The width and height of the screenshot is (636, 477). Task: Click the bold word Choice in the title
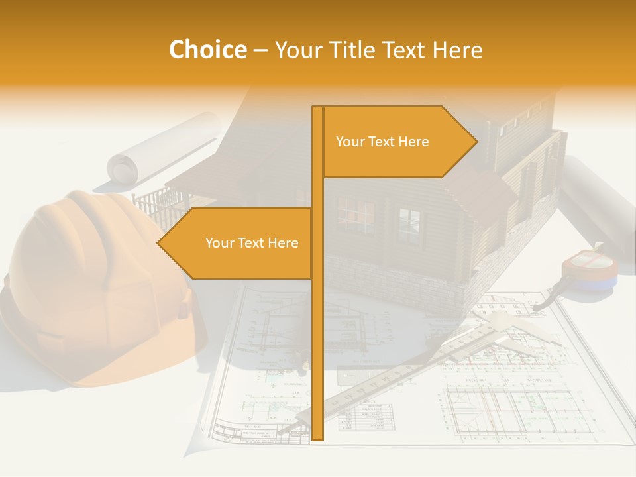click(x=207, y=50)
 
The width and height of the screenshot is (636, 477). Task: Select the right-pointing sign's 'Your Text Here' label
click(x=382, y=142)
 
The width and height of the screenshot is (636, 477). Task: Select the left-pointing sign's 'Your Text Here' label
click(x=252, y=243)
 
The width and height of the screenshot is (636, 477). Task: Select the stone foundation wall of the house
click(x=397, y=282)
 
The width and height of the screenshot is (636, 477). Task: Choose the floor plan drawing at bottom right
click(x=503, y=404)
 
